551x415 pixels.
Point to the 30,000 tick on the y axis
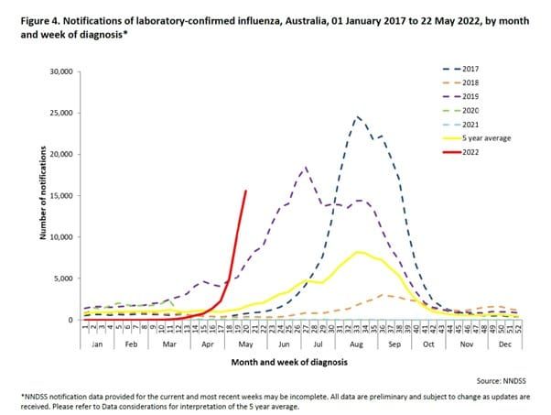coord(60,71)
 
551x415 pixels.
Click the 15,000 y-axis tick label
coord(60,196)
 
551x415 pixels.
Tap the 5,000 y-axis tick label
coord(63,278)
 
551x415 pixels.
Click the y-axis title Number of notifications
coord(42,196)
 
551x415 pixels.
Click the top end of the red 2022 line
coord(245,191)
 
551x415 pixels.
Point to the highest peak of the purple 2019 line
coord(305,168)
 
